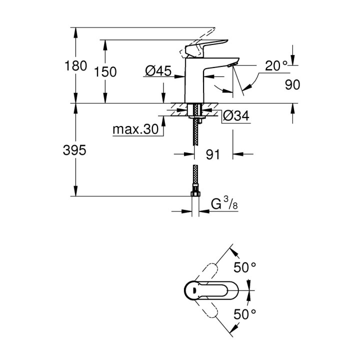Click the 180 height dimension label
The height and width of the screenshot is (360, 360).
[x=76, y=65]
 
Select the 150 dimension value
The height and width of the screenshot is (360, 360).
[x=105, y=72]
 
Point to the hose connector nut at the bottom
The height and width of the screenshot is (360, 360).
[x=195, y=192]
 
